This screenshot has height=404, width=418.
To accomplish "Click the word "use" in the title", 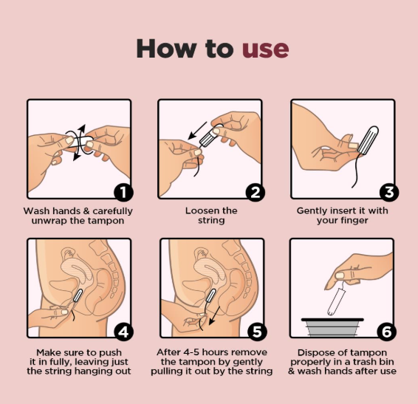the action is (265, 49).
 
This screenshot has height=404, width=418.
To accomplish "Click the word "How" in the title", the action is (165, 48).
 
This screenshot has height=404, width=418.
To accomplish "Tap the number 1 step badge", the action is (123, 192).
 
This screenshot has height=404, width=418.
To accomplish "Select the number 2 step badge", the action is (255, 192).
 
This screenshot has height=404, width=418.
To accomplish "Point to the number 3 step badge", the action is (389, 192).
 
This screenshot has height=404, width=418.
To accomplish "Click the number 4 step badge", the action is (123, 332).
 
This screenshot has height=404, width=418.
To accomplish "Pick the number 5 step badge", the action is (257, 332).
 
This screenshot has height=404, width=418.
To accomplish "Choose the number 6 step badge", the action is (386, 332).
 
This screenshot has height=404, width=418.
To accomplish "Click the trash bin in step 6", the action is (332, 327).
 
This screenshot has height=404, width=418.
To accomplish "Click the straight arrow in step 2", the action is (197, 131).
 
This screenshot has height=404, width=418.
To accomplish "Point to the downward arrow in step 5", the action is (215, 315).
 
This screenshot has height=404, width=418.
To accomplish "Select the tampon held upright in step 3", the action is (368, 140).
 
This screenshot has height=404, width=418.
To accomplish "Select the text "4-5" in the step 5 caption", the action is (192, 352).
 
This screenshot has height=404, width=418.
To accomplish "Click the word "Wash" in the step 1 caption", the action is (36, 211).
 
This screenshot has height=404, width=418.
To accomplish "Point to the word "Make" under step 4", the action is (48, 352).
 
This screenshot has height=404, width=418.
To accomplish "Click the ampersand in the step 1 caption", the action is (86, 211).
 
